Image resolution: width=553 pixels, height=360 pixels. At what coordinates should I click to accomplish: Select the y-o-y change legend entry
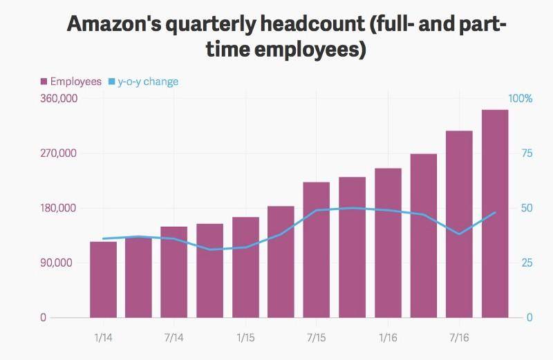(x=147, y=82)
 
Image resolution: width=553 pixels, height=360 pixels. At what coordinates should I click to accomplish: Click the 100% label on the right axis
(x=521, y=99)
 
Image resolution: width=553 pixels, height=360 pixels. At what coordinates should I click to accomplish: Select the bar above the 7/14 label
(x=174, y=272)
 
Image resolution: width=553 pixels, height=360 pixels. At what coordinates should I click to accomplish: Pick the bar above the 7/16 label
(x=459, y=225)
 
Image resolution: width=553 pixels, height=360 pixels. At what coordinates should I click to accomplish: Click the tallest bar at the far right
(x=495, y=214)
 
